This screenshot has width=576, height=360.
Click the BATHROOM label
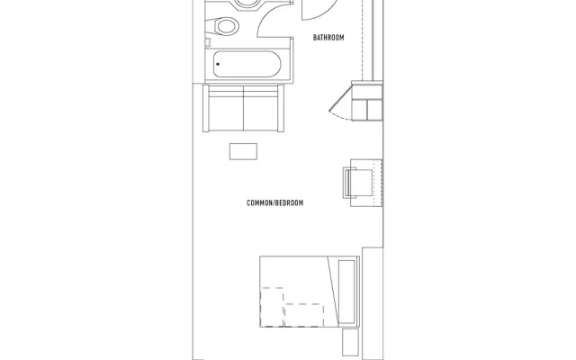328,38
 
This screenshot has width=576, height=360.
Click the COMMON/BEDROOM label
274,203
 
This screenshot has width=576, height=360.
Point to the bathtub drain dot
218,65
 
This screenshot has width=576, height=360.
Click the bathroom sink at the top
243,4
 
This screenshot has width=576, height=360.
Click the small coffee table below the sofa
244,151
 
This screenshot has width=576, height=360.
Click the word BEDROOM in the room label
288,203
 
